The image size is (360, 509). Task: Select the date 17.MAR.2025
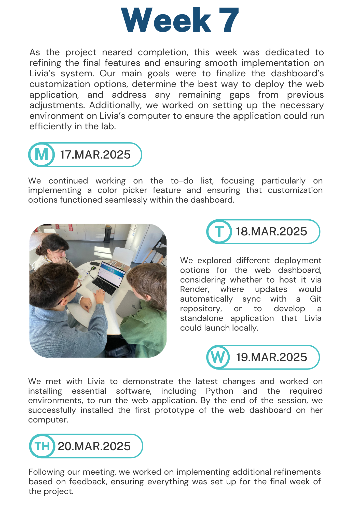point(95,155)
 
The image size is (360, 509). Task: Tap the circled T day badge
point(219,232)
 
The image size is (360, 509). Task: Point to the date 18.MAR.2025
point(271,232)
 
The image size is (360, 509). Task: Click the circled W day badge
point(218,357)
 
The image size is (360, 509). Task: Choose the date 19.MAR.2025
point(271,357)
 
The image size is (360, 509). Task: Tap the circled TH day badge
point(42,446)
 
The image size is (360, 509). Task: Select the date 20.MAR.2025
point(94,446)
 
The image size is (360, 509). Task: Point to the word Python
point(219,391)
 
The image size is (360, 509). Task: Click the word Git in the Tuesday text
point(316,299)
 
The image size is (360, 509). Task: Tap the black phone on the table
point(94,263)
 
